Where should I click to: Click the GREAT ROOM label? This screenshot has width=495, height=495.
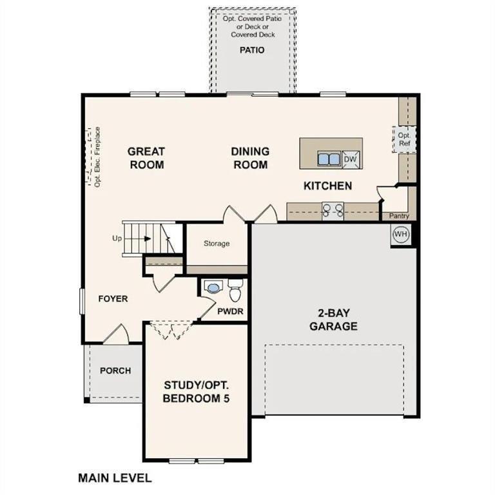(x=146, y=158)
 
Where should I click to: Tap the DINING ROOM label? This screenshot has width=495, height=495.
(x=250, y=158)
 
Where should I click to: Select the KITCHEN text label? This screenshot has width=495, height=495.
(x=327, y=186)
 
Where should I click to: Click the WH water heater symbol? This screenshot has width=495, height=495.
(x=400, y=234)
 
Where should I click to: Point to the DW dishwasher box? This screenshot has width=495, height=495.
(x=350, y=159)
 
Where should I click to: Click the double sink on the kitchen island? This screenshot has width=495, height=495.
(x=329, y=159)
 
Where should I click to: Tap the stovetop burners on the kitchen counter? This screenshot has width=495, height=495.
(x=333, y=209)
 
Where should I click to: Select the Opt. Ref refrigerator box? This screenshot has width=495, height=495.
(x=404, y=139)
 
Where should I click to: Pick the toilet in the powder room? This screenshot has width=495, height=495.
(x=235, y=292)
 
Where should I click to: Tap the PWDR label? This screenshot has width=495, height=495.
(x=229, y=311)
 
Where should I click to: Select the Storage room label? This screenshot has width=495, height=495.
(x=217, y=244)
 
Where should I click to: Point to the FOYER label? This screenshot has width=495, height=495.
(x=113, y=299)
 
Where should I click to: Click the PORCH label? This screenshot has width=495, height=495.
(x=115, y=371)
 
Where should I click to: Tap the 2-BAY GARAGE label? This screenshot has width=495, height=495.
(x=333, y=320)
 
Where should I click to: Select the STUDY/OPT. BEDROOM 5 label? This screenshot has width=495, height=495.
(x=196, y=392)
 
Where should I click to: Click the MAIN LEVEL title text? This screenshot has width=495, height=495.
(x=115, y=478)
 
